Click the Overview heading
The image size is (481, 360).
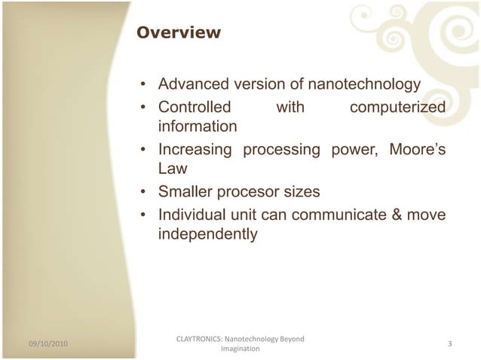pos(177,33)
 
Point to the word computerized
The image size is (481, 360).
pos(397,108)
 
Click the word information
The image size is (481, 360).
pos(198,125)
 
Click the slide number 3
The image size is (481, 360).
pos(449,344)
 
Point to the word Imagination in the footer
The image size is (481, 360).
pos(240,349)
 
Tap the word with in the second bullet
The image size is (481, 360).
pos(290,108)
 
